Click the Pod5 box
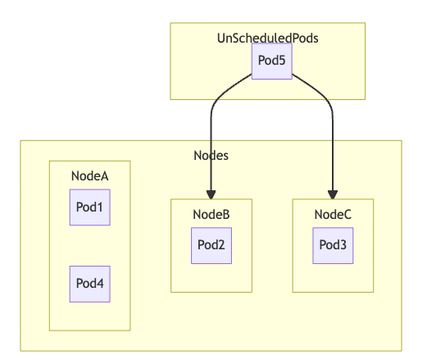pos(272,62)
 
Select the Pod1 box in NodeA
pos(90,207)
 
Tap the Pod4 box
pos(90,284)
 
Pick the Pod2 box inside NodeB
pos(211,245)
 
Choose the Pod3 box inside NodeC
pos(333,245)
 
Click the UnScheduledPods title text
pos(268,39)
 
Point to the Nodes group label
pos(211,156)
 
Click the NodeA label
pos(90,176)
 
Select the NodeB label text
pos(211,215)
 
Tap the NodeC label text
pos(333,215)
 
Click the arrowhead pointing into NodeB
pos(211,195)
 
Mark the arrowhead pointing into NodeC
pos(333,195)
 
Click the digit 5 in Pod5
pos(282,61)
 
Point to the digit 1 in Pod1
pos(100,207)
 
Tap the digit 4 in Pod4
pos(100,284)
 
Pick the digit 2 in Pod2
pos(221,245)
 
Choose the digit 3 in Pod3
pos(343,245)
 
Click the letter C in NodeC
pos(348,215)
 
